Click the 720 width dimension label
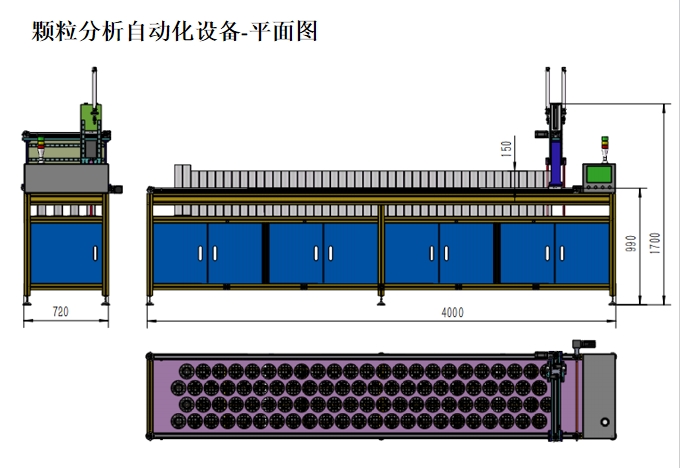click(x=61, y=311)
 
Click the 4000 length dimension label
click(x=452, y=312)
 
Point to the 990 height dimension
click(x=631, y=243)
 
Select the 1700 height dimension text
click(x=655, y=243)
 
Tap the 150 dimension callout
click(x=506, y=149)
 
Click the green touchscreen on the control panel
click(x=599, y=174)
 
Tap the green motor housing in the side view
click(x=91, y=117)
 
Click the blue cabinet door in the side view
click(x=66, y=254)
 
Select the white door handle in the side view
click(x=95, y=254)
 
